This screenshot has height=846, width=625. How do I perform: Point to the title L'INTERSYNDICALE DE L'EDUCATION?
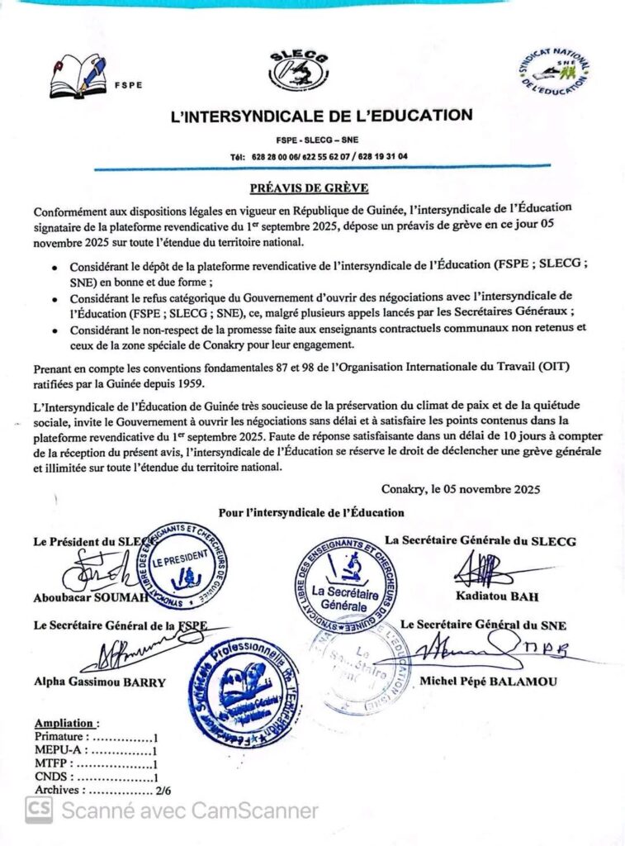point(321,116)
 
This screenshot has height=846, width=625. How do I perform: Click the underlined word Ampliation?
point(66,723)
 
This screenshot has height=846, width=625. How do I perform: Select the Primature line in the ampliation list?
point(96,737)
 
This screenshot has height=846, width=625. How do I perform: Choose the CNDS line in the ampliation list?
point(96,777)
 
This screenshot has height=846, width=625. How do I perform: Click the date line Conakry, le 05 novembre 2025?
point(461,489)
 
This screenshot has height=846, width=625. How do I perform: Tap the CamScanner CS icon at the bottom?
point(39,810)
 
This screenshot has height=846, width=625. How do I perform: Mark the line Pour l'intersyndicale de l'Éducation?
point(311,513)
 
